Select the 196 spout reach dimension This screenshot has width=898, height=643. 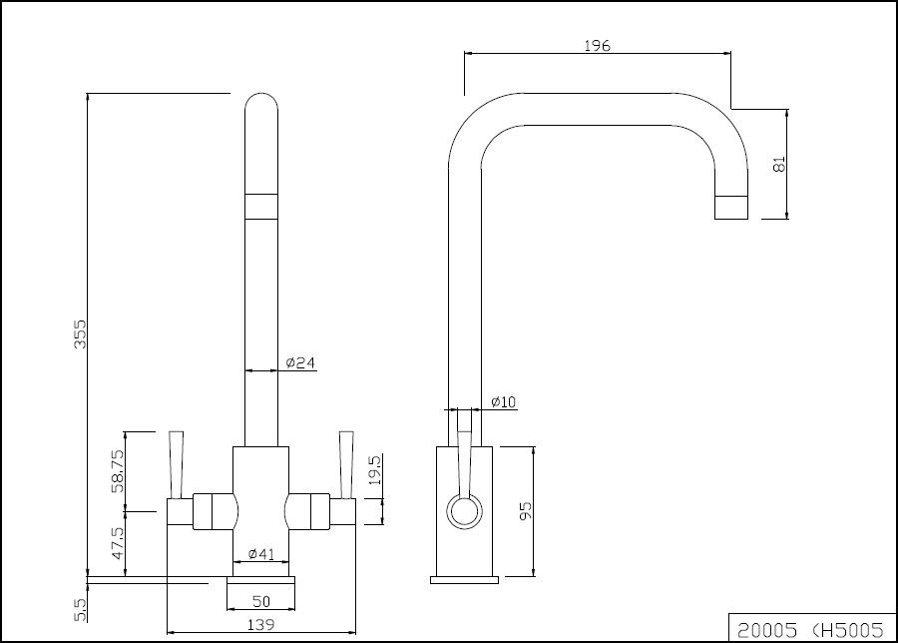(x=598, y=45)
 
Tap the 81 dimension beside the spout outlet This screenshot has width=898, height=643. (x=780, y=164)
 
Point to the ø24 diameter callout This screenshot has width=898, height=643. (x=300, y=363)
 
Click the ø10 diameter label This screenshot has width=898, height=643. (x=503, y=402)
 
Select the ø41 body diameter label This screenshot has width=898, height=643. (x=260, y=553)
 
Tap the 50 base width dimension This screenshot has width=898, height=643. (x=261, y=601)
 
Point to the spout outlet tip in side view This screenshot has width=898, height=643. (x=730, y=207)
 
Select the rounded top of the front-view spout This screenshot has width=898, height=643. (x=261, y=108)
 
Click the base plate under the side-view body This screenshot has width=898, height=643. (x=464, y=578)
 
